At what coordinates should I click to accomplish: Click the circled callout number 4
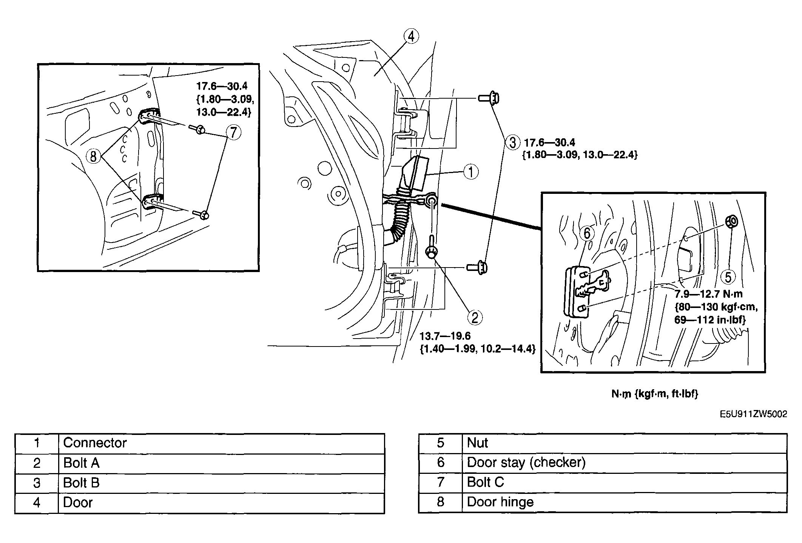click(411, 36)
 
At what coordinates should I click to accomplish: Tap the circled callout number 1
click(470, 172)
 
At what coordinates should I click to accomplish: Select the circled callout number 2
click(475, 317)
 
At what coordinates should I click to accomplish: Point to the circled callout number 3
click(512, 143)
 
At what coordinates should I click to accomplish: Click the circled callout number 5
click(728, 277)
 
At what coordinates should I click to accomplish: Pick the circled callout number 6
click(587, 234)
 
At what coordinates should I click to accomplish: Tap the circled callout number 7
click(233, 133)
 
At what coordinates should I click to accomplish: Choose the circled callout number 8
click(93, 156)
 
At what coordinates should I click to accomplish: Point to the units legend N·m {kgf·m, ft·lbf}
click(655, 394)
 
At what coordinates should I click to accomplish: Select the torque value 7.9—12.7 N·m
click(708, 294)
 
